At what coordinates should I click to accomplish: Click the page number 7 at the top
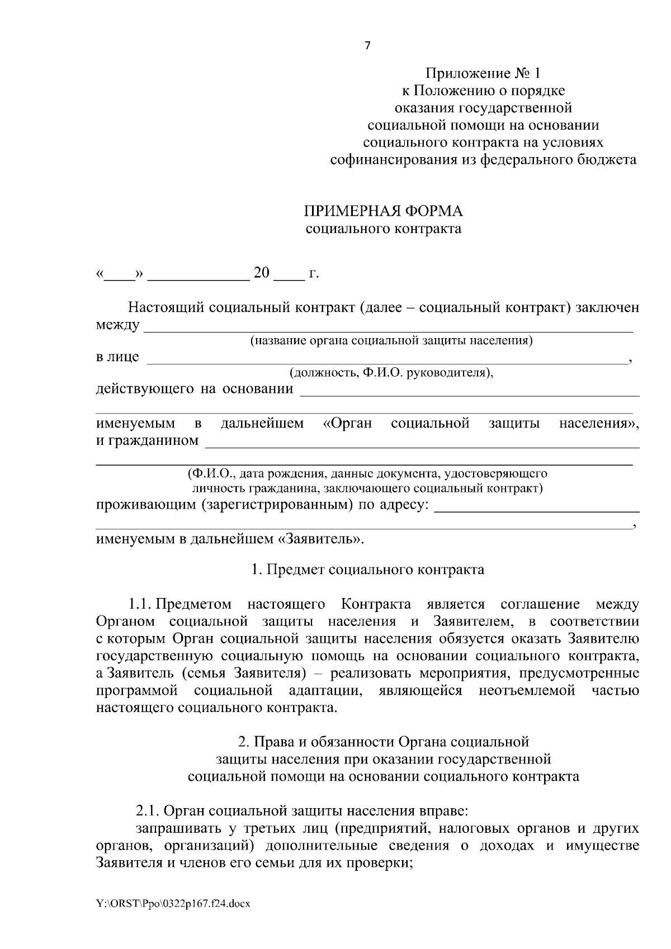367,46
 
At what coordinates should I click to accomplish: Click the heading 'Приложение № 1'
484,73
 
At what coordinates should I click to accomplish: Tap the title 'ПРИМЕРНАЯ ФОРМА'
383,211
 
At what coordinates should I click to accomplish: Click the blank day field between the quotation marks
119,275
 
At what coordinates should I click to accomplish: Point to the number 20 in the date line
262,273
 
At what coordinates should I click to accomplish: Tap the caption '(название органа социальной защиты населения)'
391,341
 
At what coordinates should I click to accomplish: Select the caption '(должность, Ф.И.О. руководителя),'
391,373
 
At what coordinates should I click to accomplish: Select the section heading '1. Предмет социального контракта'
367,570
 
